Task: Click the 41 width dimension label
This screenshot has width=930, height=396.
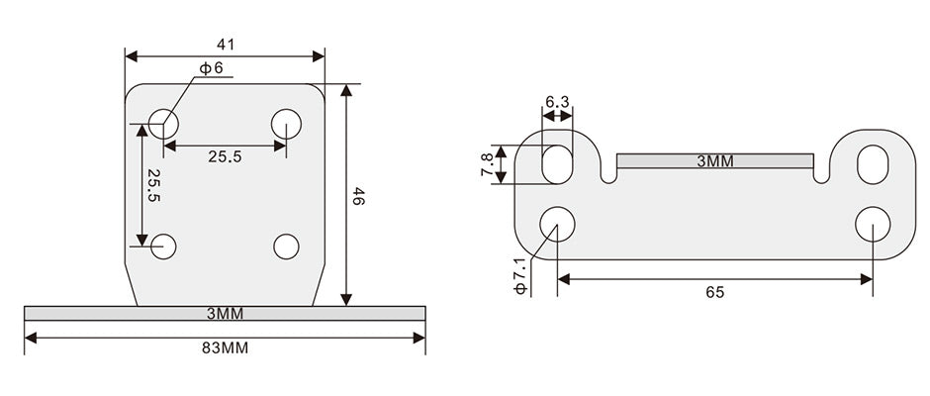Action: click(226, 45)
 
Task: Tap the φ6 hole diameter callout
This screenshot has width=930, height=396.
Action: click(211, 68)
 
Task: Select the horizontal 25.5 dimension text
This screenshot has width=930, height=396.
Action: click(225, 156)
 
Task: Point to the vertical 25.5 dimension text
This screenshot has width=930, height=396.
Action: click(153, 185)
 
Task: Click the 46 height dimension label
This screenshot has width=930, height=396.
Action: click(358, 196)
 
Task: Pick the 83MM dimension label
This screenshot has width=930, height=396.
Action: click(225, 348)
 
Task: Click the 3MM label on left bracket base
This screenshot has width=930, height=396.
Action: click(225, 314)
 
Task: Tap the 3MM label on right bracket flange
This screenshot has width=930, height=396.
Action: click(714, 161)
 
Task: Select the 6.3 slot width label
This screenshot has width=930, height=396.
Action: click(557, 102)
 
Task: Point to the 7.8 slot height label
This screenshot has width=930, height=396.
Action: click(487, 164)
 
